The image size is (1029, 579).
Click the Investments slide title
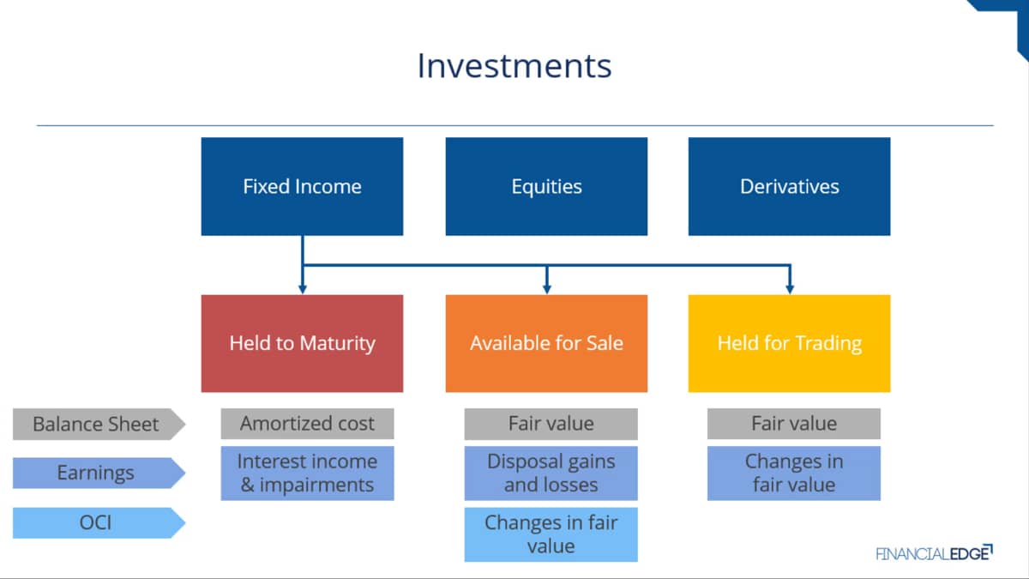(514, 66)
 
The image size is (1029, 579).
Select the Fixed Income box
(302, 187)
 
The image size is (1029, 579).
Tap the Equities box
(547, 187)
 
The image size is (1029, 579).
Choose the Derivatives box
(789, 187)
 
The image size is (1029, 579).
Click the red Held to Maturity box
(302, 344)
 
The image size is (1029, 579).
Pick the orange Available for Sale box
(547, 344)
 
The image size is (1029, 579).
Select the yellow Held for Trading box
(789, 344)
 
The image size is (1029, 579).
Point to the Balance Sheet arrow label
(99, 424)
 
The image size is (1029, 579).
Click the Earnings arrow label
(99, 473)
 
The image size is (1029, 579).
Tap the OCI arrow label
(99, 523)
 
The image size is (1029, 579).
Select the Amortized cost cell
(307, 424)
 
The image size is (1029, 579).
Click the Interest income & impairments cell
(307, 473)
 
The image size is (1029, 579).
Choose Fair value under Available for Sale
(551, 424)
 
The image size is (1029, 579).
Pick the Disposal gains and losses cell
(551, 473)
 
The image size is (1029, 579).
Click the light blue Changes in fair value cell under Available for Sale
(551, 534)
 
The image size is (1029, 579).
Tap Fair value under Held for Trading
(794, 424)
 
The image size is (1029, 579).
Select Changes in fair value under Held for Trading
(794, 473)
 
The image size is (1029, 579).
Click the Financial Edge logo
(935, 553)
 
